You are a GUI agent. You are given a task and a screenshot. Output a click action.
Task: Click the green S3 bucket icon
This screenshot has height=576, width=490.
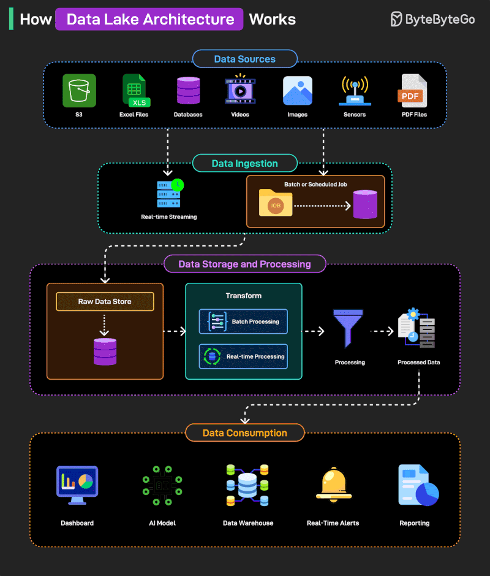[79, 91]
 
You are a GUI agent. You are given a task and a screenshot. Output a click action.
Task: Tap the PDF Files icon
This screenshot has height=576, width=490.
[414, 91]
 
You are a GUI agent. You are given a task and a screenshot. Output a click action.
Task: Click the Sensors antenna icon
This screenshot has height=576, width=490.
[355, 91]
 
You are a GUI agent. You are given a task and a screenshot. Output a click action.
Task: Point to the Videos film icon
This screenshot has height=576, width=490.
[240, 90]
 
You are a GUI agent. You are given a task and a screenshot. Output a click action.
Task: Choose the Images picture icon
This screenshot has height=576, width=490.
[297, 91]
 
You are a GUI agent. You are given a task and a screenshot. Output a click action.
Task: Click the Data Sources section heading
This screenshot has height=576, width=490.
[244, 59]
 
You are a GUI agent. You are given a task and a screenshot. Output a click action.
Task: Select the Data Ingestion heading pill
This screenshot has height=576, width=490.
[244, 163]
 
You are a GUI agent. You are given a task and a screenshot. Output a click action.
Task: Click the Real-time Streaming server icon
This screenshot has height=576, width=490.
[169, 194]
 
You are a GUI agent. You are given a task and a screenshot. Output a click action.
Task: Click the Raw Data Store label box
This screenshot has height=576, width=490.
[105, 301]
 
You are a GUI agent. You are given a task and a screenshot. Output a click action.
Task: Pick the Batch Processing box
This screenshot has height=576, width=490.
[243, 321]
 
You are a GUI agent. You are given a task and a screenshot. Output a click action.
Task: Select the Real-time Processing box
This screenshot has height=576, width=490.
[243, 356]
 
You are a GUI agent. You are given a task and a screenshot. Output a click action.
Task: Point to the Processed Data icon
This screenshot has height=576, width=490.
[417, 329]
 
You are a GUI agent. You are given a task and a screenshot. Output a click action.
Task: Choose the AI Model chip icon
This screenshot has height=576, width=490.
[162, 485]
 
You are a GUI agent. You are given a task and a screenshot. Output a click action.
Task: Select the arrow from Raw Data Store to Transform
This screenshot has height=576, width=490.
[175, 331]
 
